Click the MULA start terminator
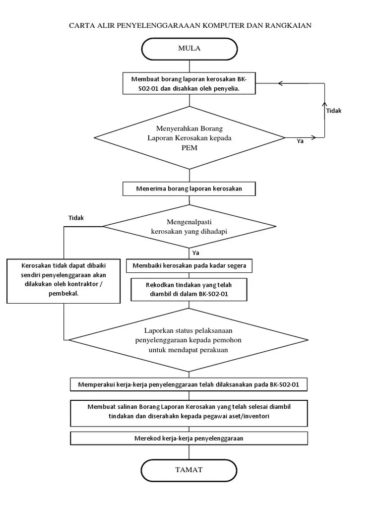pos(189,49)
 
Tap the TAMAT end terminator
pos(189,470)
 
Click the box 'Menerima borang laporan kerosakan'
pos(189,189)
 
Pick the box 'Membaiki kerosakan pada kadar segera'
pos(189,266)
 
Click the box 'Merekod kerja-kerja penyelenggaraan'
pos(189,439)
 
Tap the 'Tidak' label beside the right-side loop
pos(334,111)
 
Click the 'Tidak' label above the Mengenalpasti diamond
pos(76,218)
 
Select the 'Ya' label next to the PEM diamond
pos(300,141)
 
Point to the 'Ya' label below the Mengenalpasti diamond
pos(195,253)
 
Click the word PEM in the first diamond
pos(189,148)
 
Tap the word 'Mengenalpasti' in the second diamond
pos(189,222)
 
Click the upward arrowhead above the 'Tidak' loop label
pos(324,104)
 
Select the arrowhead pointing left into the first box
pos(281,83)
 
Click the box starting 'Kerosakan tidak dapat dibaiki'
pos(63,281)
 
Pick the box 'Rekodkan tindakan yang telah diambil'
pos(189,289)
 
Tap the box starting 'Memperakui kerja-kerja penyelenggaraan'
pos(189,384)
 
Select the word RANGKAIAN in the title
pos(288,25)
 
